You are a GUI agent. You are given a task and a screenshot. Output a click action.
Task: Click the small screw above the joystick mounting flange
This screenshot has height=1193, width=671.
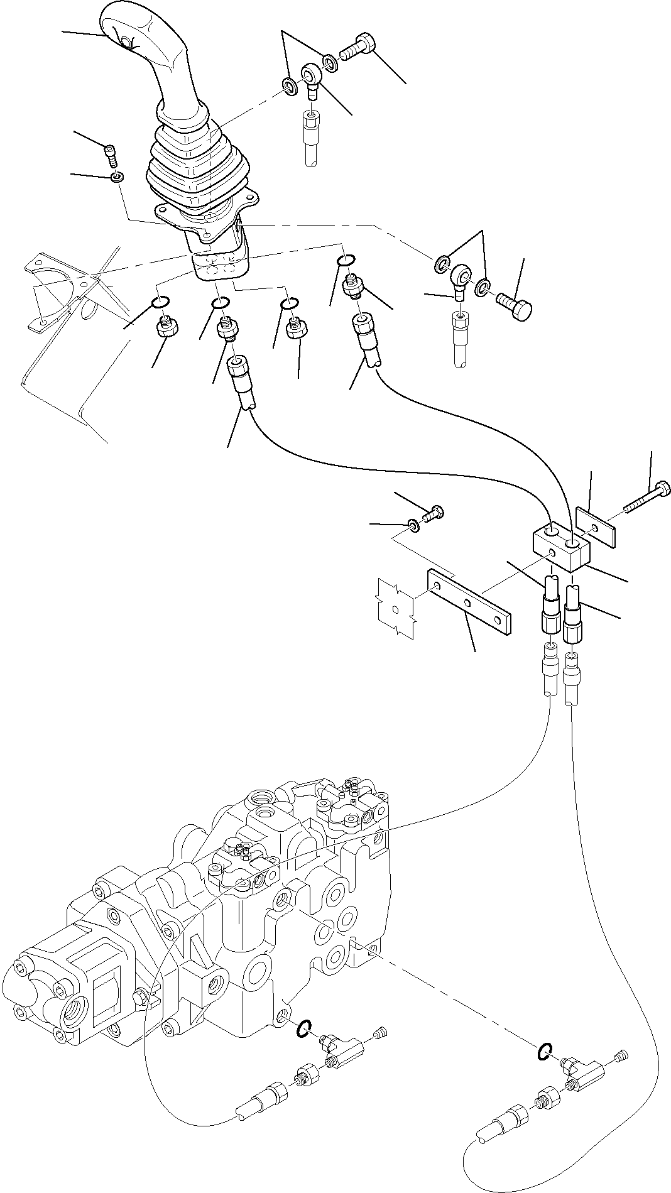point(111,154)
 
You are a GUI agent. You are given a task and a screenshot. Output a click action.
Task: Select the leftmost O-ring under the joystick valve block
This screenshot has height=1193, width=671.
point(161,303)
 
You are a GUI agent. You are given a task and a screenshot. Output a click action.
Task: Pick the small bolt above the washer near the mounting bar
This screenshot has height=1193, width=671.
point(433,514)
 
